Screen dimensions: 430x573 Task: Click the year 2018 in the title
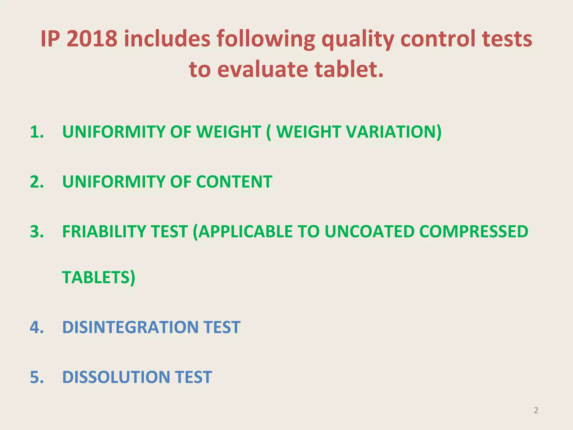[x=92, y=39]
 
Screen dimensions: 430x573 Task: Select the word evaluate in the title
[x=262, y=69]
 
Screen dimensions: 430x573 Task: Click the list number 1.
[x=37, y=132]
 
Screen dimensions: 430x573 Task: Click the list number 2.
[x=37, y=182]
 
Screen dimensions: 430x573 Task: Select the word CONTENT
[x=234, y=182]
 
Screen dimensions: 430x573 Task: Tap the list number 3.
[x=37, y=232]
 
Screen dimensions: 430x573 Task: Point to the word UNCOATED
[x=369, y=232]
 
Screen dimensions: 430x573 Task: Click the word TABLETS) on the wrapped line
[x=98, y=277]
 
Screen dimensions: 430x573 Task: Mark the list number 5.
[x=37, y=377]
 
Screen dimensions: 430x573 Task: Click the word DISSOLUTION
[x=116, y=377]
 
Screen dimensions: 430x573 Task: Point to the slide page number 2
[x=536, y=410]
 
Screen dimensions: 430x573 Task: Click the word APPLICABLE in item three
[x=243, y=232]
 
